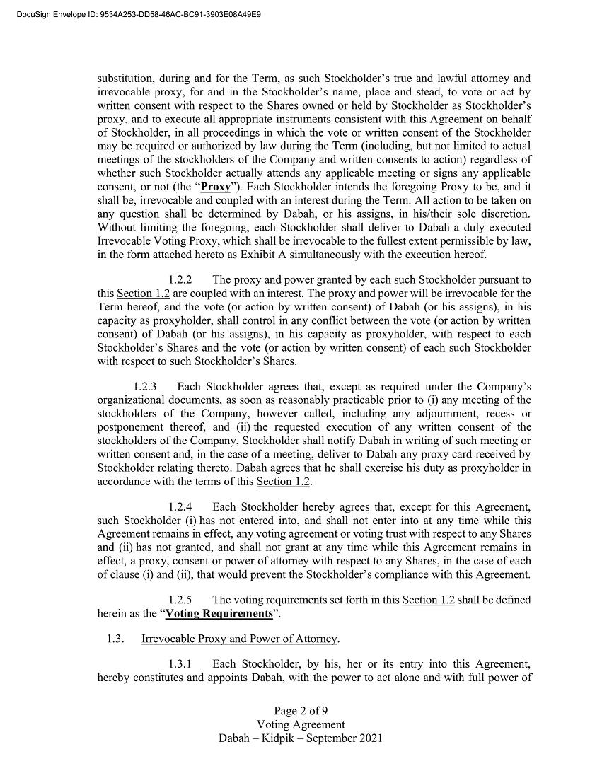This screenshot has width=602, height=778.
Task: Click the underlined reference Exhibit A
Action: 258,255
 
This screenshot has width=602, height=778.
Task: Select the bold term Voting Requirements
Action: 219,613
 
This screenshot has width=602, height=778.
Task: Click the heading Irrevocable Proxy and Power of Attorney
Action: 240,639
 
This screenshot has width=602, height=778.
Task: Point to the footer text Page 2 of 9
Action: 301,711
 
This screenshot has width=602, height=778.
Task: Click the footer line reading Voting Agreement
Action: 301,724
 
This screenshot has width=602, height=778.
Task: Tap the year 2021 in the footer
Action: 369,738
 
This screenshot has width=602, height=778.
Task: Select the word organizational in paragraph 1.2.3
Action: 132,400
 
